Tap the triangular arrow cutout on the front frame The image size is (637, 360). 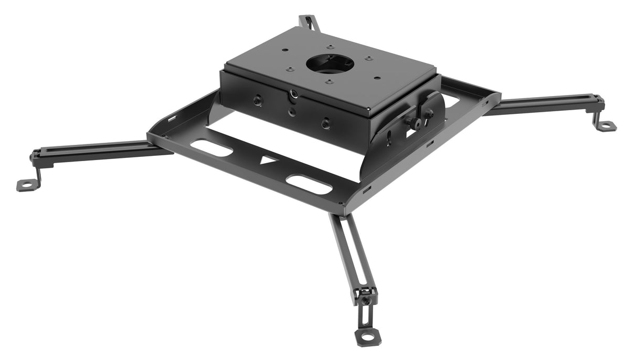coord(269,159)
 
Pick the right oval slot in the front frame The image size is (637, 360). coord(309,185)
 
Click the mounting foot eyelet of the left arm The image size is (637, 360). coord(26,184)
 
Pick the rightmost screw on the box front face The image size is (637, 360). coord(326,123)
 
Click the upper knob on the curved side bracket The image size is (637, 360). coord(428,112)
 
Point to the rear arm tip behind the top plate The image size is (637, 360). coord(306,22)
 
